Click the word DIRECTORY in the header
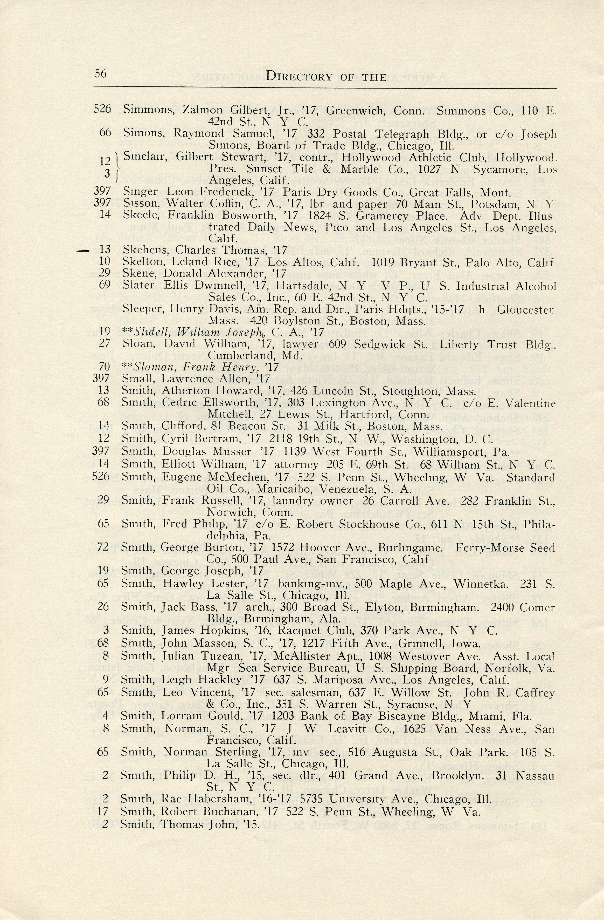(299, 77)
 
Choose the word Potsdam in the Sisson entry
(494, 204)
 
